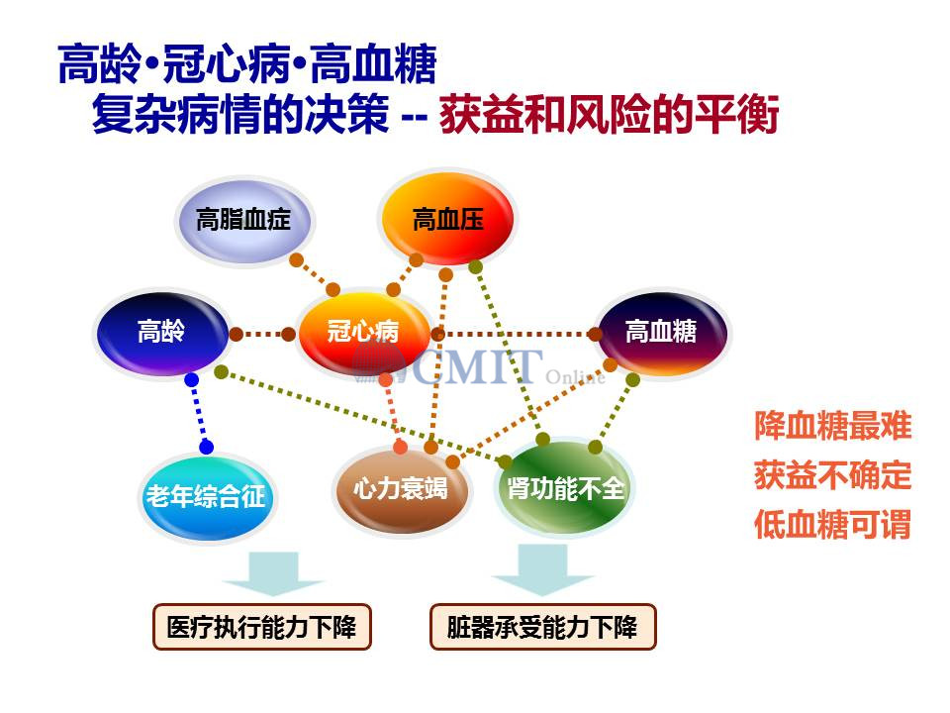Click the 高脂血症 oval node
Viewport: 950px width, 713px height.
coord(244,220)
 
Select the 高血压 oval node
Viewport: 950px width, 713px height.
coord(447,218)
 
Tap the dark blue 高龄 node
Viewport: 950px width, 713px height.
coord(162,333)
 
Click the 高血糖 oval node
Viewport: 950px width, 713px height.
coord(662,333)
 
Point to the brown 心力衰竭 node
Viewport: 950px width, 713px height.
coord(401,490)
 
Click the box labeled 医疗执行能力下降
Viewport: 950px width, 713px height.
coord(261,627)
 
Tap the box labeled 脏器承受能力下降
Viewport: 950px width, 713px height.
coord(543,627)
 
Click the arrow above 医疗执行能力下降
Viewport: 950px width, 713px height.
coord(273,573)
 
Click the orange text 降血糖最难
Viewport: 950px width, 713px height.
coord(832,426)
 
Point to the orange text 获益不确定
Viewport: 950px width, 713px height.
coord(832,474)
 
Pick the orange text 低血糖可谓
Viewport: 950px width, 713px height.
coord(832,525)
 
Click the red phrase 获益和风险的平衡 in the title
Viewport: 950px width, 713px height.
coord(609,114)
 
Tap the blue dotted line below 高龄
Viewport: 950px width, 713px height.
coord(199,414)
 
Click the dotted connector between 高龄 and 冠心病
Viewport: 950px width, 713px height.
coord(262,334)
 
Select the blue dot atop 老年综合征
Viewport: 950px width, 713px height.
coord(206,448)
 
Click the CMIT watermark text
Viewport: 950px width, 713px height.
coord(479,366)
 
